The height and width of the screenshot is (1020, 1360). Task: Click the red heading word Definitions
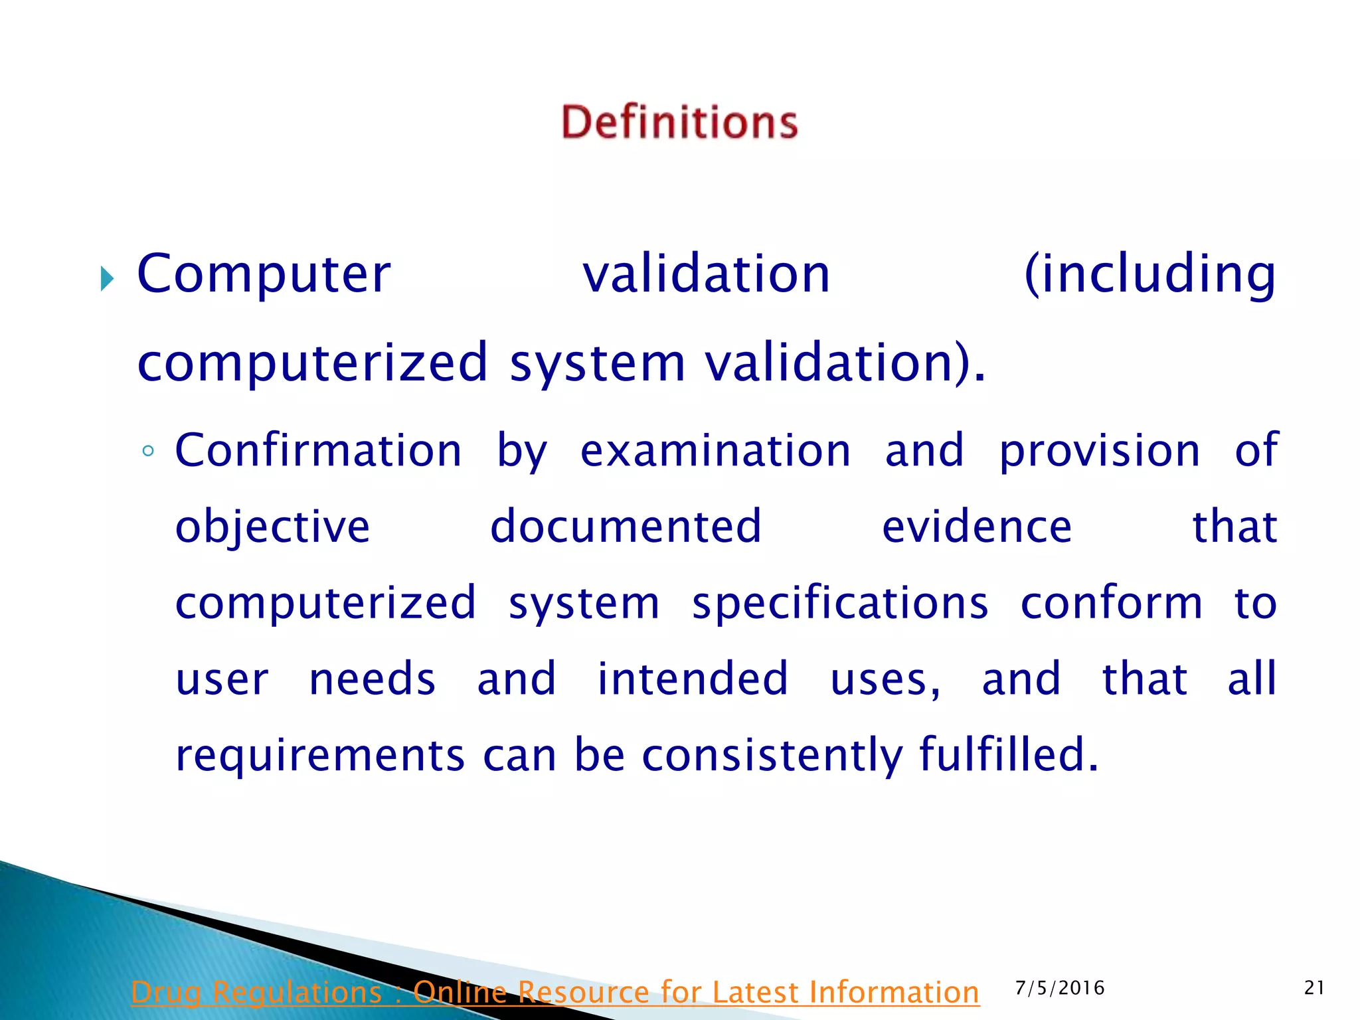679,123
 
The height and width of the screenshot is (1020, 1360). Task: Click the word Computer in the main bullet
264,274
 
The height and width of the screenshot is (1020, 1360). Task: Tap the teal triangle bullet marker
106,278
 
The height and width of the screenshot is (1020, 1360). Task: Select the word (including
1149,275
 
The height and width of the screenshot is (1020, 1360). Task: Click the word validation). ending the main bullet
845,363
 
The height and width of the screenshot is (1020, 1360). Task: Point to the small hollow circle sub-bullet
148,452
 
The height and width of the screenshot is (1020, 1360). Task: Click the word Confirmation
318,451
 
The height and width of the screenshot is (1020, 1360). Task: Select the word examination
715,451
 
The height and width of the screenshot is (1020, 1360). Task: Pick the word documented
626,527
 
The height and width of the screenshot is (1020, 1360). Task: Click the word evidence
976,527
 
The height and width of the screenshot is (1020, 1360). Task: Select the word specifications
840,604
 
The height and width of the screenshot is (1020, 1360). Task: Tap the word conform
1111,603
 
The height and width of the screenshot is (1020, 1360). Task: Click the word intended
693,679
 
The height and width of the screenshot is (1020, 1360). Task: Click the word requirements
320,756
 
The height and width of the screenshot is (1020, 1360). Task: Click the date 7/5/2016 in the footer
1060,988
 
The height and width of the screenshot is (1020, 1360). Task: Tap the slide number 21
1314,988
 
